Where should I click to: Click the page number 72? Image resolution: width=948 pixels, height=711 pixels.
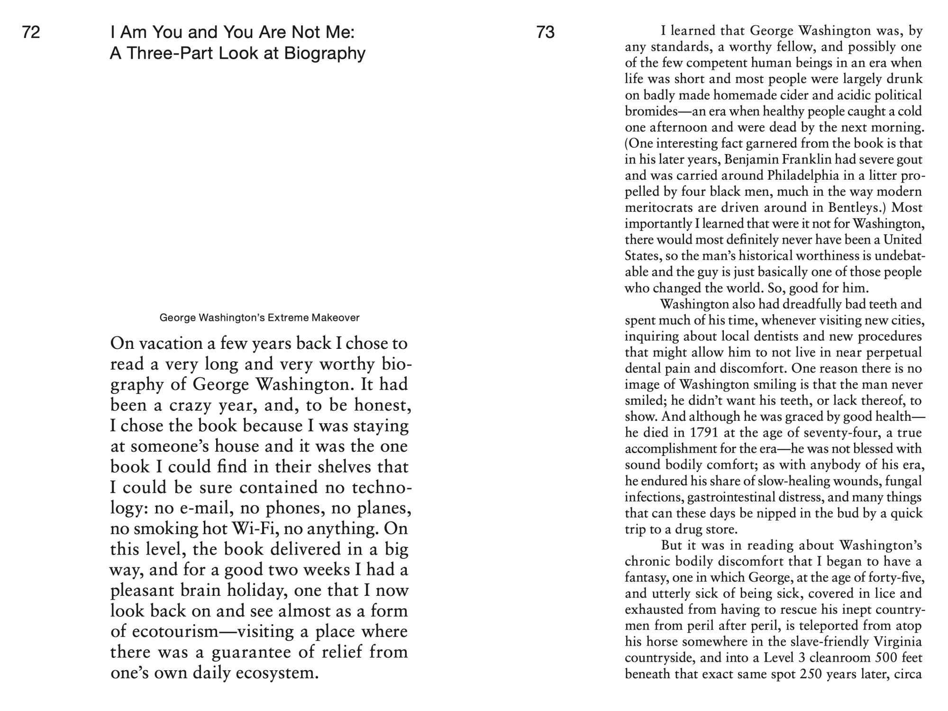point(31,32)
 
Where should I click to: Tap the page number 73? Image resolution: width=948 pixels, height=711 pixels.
point(546,32)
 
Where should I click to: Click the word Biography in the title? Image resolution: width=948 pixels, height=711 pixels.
point(325,54)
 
